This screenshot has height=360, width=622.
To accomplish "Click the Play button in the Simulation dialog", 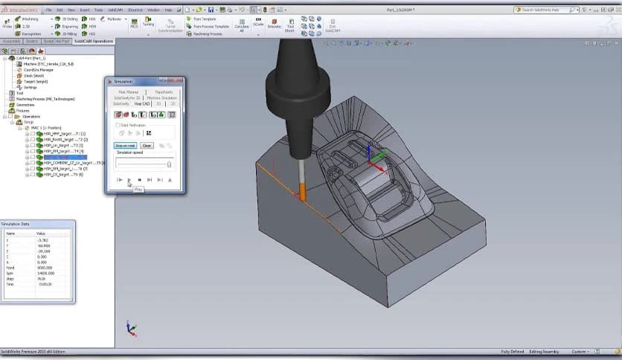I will click(x=129, y=180).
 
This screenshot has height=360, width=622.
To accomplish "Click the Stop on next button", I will click(x=124, y=146).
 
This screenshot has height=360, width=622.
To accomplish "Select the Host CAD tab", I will click(x=141, y=103).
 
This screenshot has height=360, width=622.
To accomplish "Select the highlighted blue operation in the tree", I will click(x=65, y=157).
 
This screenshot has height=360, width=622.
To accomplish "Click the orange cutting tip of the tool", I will click(x=302, y=195).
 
